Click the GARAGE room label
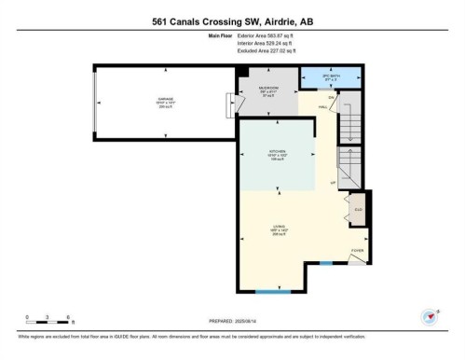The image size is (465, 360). coord(166,100)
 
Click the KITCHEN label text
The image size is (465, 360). coord(278,152)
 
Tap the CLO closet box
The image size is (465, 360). coord(358,209)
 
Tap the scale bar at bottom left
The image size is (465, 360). coord(49,320)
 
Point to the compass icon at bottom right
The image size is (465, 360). coord(429,317)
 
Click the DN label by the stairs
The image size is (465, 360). coord(331,96)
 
